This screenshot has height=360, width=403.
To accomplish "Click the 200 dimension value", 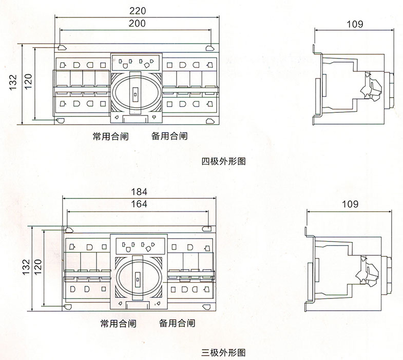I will (x=137, y=23).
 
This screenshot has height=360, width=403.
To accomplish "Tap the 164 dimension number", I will (x=139, y=204).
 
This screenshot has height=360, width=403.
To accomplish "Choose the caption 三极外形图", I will (x=223, y=353).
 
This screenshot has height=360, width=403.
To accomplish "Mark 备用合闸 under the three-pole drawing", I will (x=177, y=324).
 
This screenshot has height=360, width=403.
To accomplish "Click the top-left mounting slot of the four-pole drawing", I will (x=61, y=48).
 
